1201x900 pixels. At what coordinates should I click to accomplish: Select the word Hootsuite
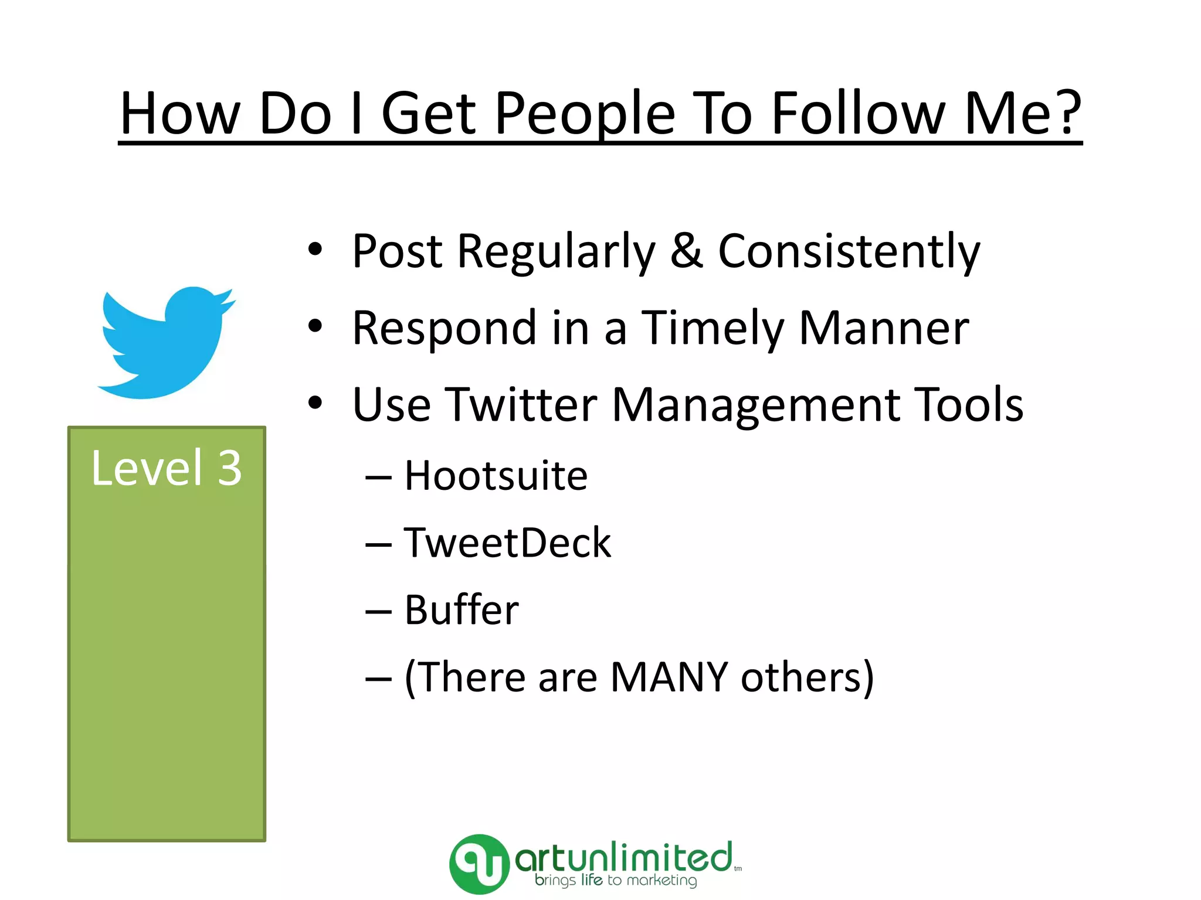(x=496, y=475)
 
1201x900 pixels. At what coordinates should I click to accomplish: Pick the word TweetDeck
(x=507, y=543)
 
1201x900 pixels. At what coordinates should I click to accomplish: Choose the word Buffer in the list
(x=462, y=610)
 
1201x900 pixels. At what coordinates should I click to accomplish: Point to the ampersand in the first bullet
(x=686, y=251)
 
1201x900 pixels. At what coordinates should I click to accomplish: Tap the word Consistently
(x=849, y=251)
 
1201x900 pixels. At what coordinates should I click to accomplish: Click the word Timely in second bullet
(x=711, y=328)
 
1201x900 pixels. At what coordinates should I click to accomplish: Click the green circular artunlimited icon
(x=479, y=864)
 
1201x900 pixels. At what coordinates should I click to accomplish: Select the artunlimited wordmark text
(x=623, y=858)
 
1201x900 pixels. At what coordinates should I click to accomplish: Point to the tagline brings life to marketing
(x=615, y=881)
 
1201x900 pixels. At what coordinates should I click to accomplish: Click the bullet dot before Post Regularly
(x=315, y=250)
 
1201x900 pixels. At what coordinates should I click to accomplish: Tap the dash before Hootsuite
(x=378, y=478)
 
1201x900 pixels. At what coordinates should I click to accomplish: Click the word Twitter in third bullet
(x=521, y=405)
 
